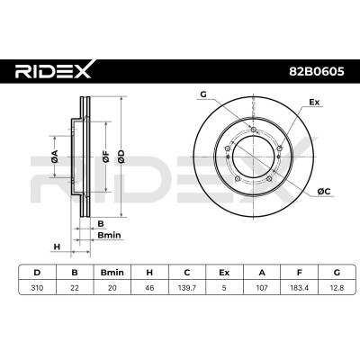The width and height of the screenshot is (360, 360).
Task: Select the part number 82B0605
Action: coord(317,72)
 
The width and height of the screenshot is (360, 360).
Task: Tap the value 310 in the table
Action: coord(37,288)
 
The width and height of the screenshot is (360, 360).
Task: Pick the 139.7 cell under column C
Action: coord(187,288)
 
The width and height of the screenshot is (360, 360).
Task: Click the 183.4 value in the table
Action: coord(299,288)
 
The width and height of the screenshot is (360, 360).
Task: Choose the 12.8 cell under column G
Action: coord(337,288)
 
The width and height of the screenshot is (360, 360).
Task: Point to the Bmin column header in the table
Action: coord(112,273)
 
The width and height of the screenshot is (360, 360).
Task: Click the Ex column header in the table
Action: coord(224,273)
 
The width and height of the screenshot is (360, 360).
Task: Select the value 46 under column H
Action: coord(149,288)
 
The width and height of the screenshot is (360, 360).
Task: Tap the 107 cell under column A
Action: coord(262,288)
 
